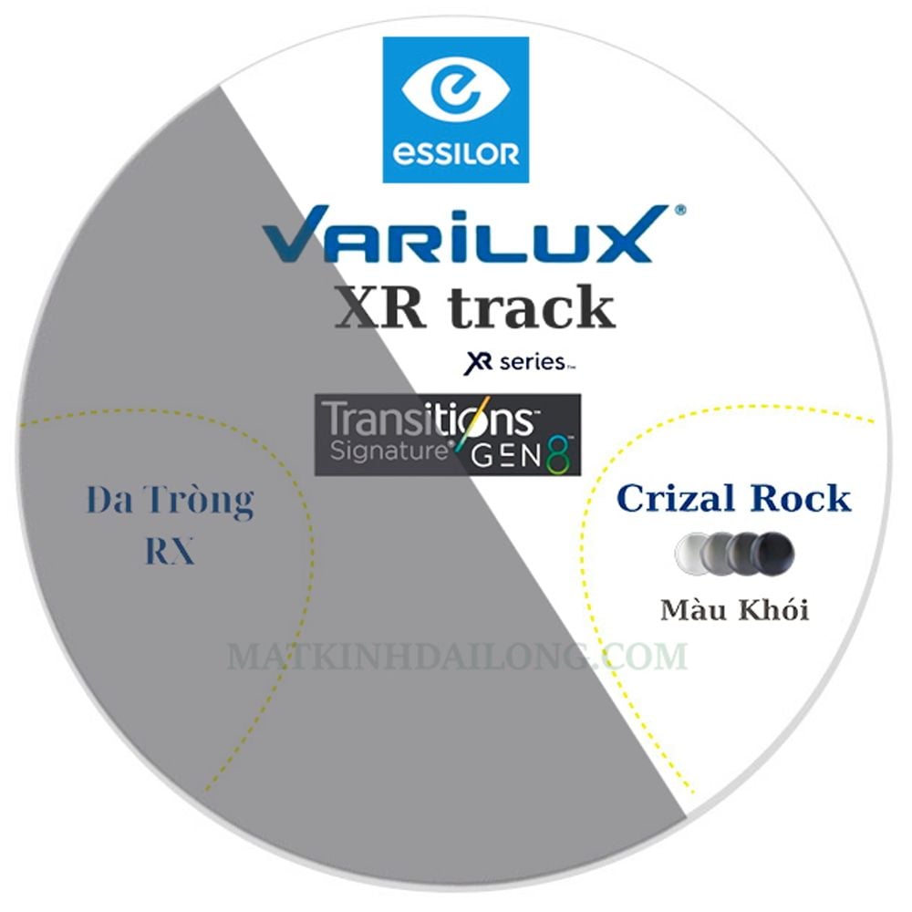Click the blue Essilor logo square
coord(455,109)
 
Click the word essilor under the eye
coord(455,154)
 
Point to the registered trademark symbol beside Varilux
coord(679,210)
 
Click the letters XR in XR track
coord(379,309)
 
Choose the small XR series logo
coord(519,362)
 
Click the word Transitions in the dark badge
coord(430,419)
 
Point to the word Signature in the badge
coord(388,451)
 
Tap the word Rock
coord(801,498)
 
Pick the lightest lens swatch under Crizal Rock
coord(692,554)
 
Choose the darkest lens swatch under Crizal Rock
coord(773,554)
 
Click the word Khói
coord(773,609)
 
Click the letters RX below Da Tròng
coord(170,550)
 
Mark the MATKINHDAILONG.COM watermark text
coord(457,656)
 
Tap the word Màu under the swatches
coord(694,609)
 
